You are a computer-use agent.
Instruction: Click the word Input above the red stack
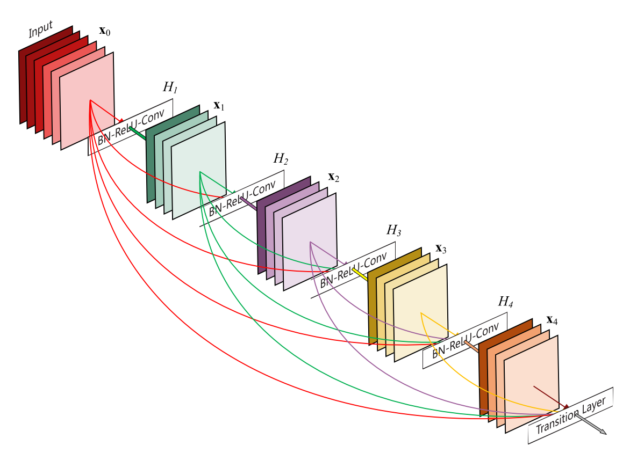pyautogui.click(x=40, y=30)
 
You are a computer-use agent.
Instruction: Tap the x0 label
pyautogui.click(x=104, y=31)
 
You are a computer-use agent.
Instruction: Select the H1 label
pyautogui.click(x=170, y=87)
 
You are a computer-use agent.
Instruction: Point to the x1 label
pyautogui.click(x=219, y=106)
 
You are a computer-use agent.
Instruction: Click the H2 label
pyautogui.click(x=281, y=159)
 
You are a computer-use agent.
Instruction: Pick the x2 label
pyautogui.click(x=333, y=177)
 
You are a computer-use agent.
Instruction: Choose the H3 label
pyautogui.click(x=393, y=230)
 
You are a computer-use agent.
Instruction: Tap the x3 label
pyautogui.click(x=441, y=249)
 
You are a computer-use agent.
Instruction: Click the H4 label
pyautogui.click(x=505, y=301)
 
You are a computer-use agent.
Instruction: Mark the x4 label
pyautogui.click(x=552, y=320)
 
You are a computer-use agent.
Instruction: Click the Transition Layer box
pyautogui.click(x=570, y=415)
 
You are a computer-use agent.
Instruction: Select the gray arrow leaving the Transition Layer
pyautogui.click(x=591, y=424)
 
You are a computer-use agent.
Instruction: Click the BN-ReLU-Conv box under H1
pyautogui.click(x=131, y=127)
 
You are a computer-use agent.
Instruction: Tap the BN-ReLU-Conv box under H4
pyautogui.click(x=465, y=340)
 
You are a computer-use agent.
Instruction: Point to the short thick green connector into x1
pyautogui.click(x=138, y=133)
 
